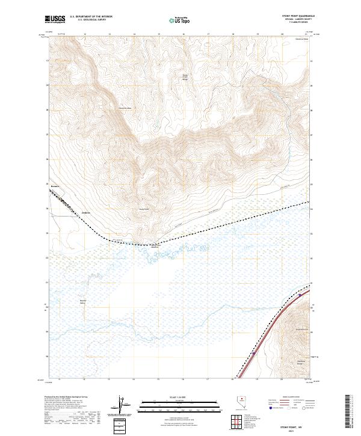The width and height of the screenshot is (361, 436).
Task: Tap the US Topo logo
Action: (181, 20)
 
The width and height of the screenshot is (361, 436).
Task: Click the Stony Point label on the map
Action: (144, 209)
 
